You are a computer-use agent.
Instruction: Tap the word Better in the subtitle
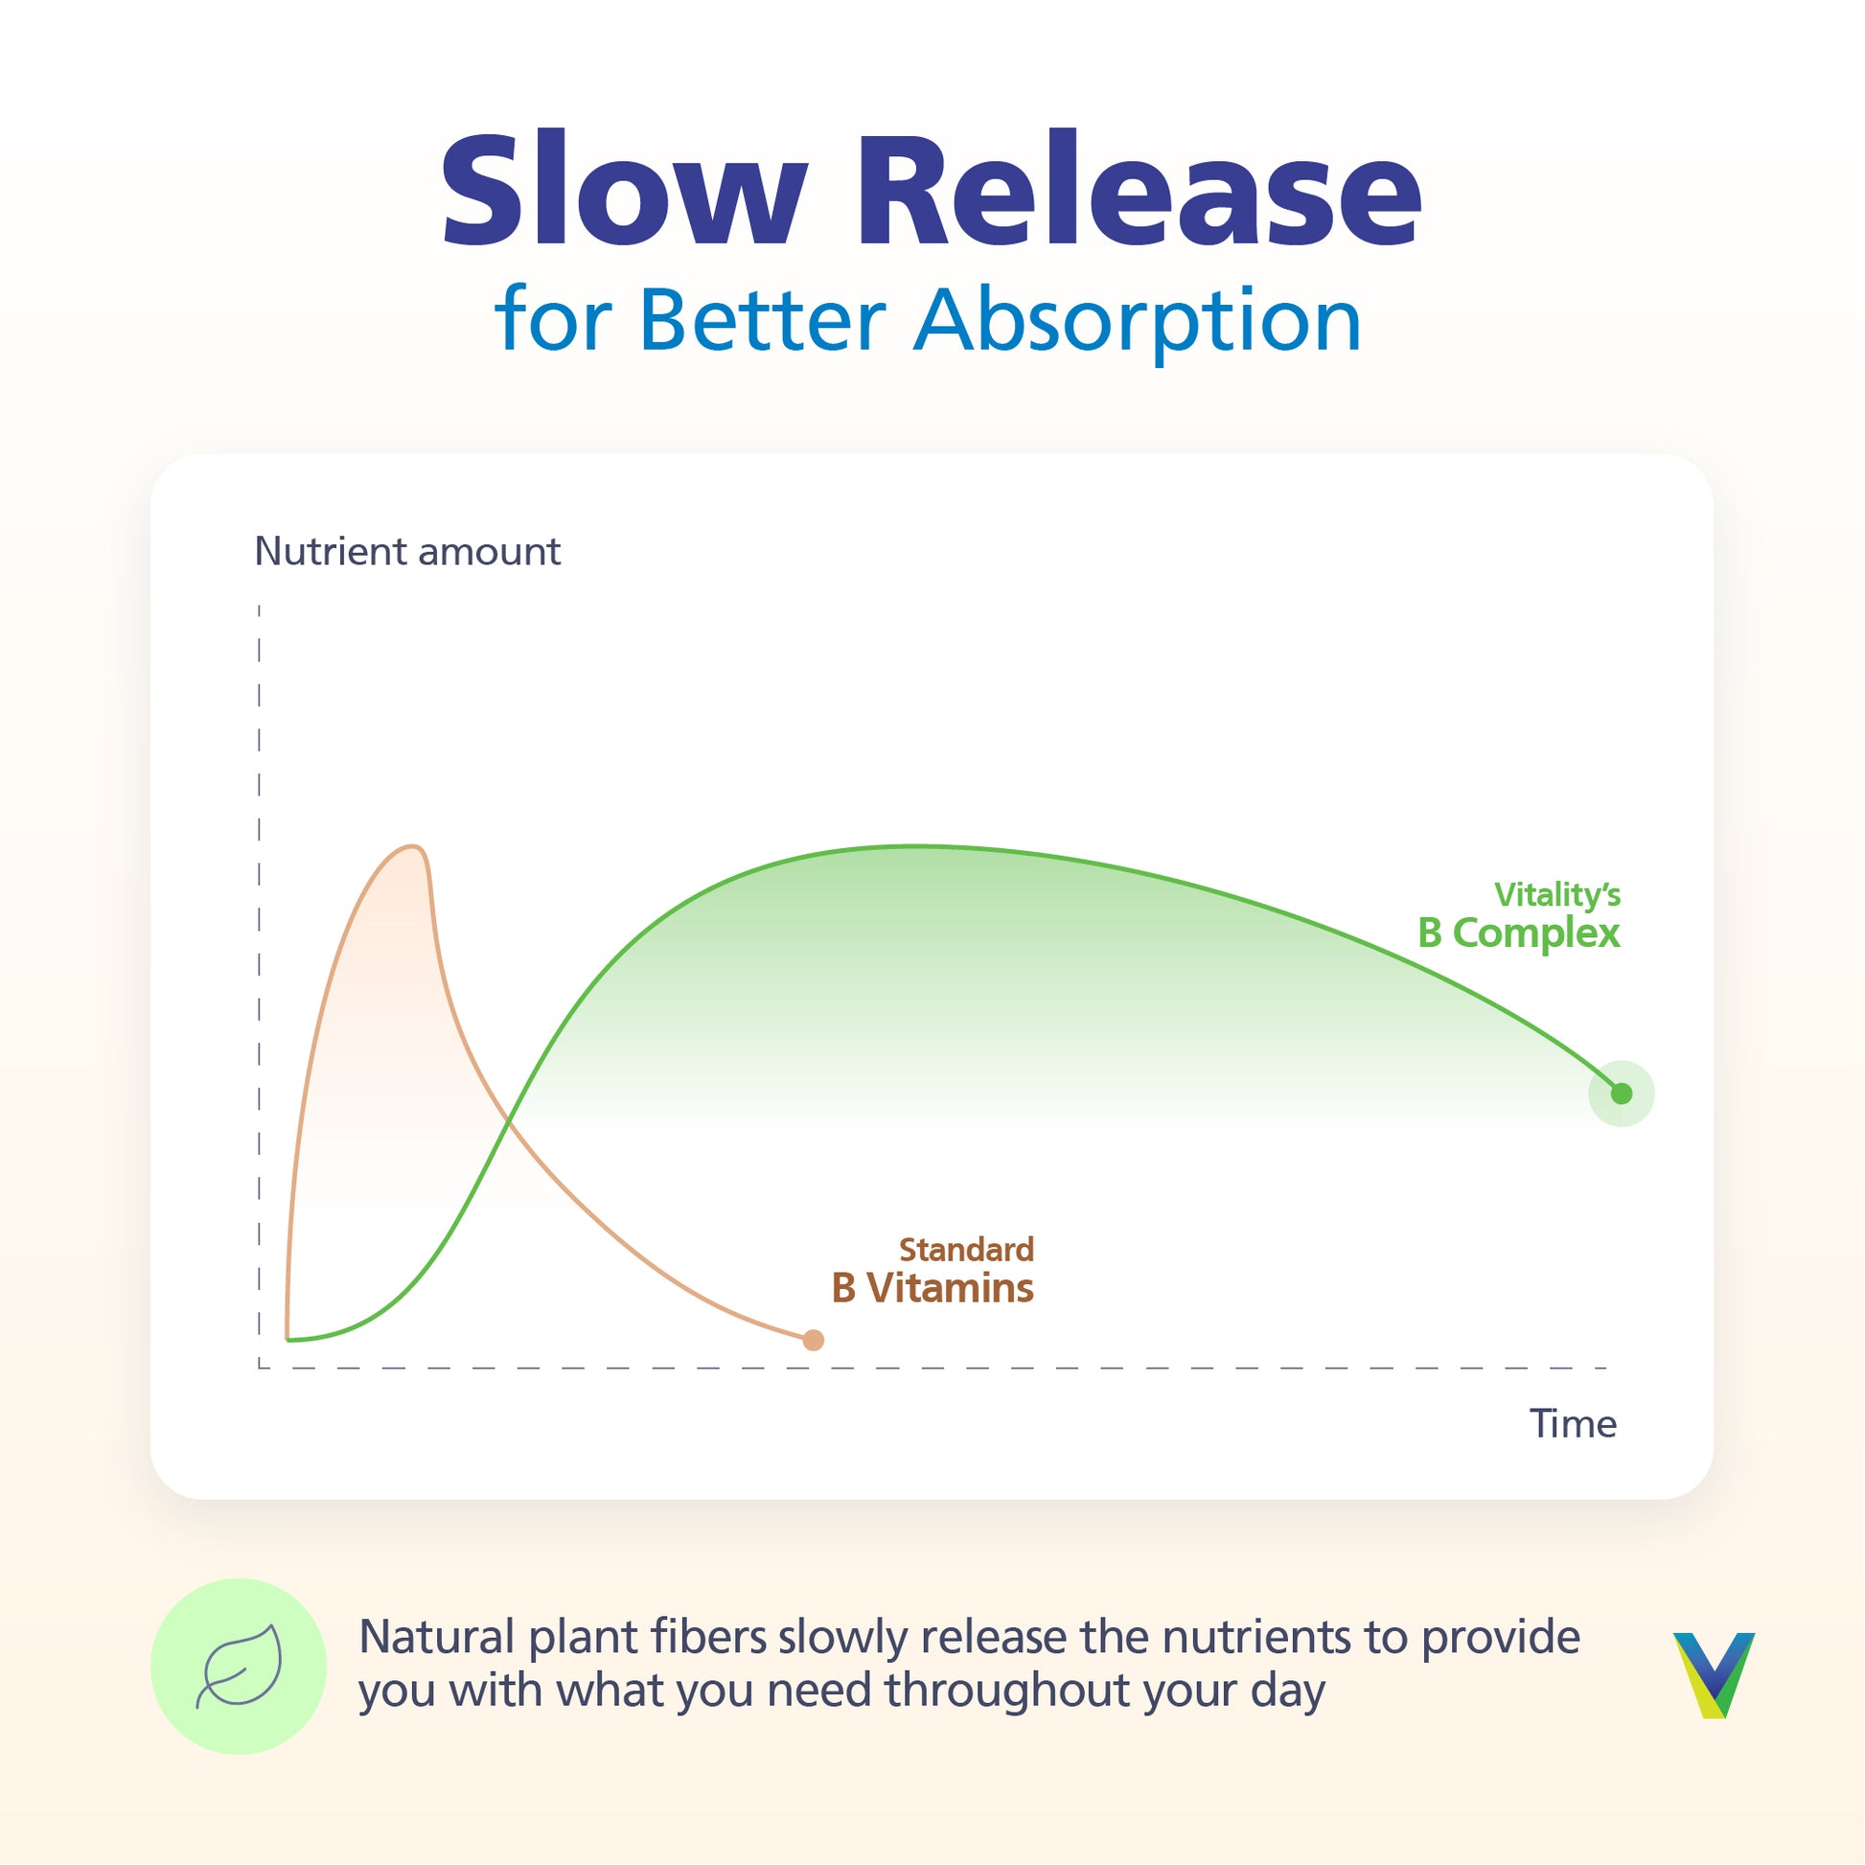pyautogui.click(x=763, y=319)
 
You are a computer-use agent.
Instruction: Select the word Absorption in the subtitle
pyautogui.click(x=1139, y=324)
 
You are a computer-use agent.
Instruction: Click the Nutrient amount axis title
pyautogui.click(x=407, y=551)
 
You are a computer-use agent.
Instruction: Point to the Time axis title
pyautogui.click(x=1573, y=1424)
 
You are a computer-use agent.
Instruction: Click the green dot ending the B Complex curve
pyautogui.click(x=1622, y=1094)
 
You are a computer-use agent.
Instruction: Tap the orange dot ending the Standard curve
pyautogui.click(x=814, y=1340)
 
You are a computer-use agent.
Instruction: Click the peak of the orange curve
pyautogui.click(x=414, y=846)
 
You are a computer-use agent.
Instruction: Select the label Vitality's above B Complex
pyautogui.click(x=1557, y=895)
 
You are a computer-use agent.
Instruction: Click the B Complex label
pyautogui.click(x=1518, y=933)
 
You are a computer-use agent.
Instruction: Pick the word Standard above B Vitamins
pyautogui.click(x=966, y=1250)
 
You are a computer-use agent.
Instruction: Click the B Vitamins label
pyautogui.click(x=932, y=1288)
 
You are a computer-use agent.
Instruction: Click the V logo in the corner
pyautogui.click(x=1714, y=1675)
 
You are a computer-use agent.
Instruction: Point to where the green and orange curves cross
pyautogui.click(x=509, y=1120)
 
